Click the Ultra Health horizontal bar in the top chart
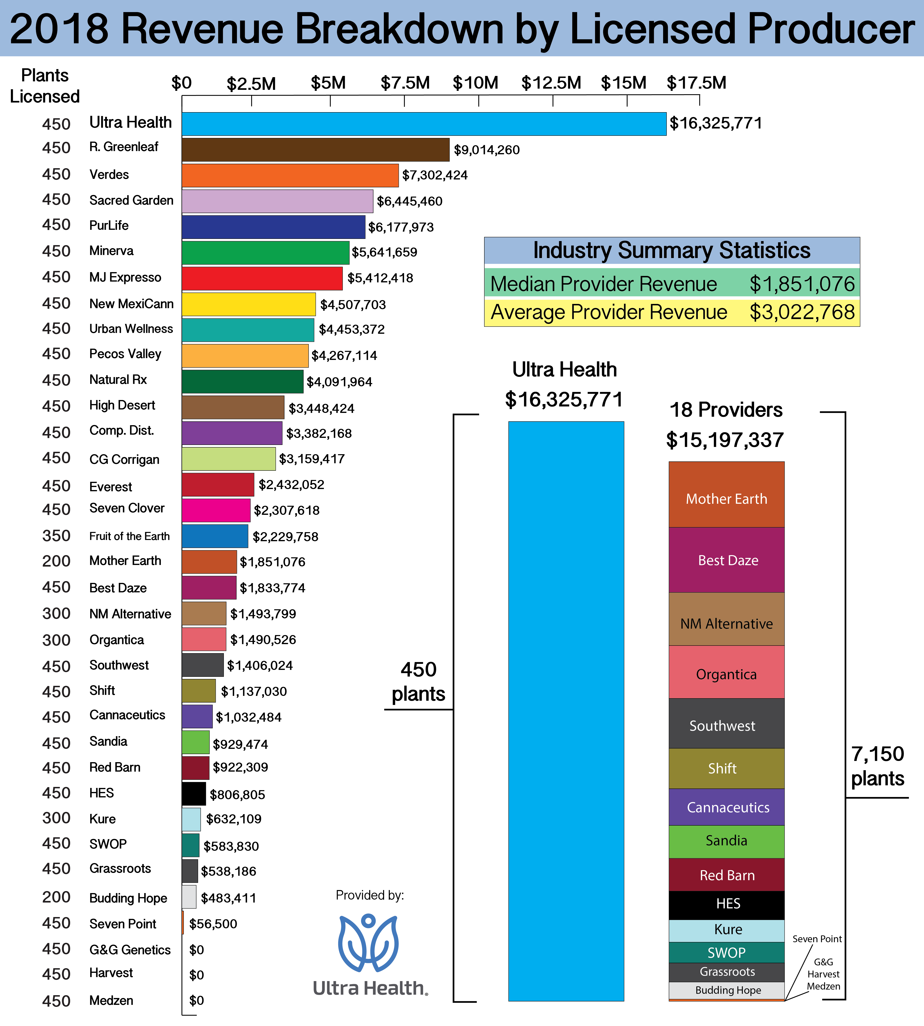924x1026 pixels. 424,124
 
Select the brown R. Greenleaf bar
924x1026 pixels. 315,150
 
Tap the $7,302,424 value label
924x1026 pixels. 435,175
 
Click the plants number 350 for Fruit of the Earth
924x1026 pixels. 56,536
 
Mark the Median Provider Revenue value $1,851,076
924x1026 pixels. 802,284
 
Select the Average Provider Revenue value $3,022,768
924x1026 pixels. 802,312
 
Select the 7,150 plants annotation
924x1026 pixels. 877,766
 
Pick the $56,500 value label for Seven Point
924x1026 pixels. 213,924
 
